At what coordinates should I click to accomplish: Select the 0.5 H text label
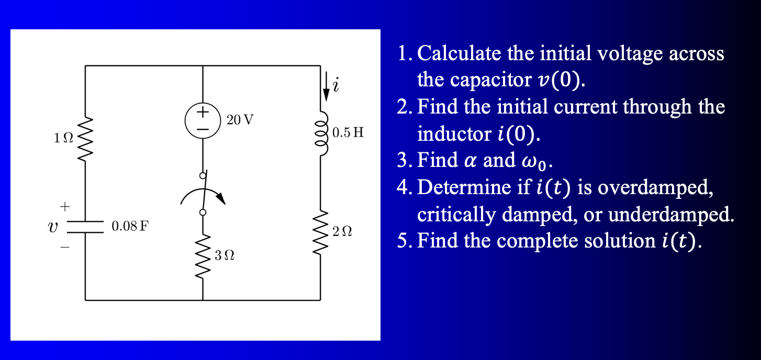[348, 132]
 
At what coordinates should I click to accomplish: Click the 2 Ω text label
[342, 231]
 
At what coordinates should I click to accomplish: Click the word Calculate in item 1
[459, 53]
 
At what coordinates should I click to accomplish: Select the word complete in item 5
[533, 241]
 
